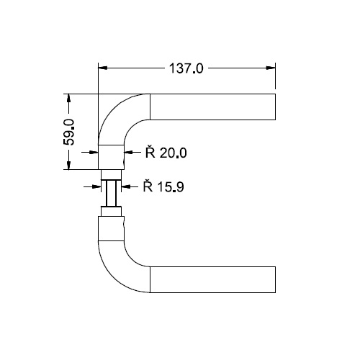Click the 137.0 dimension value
(x=186, y=68)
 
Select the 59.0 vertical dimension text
(x=69, y=132)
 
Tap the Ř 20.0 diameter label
(x=166, y=152)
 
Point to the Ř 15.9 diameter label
(x=163, y=186)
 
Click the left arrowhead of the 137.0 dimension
(x=102, y=68)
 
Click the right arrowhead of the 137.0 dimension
(x=271, y=68)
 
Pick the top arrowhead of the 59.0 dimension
(x=68, y=98)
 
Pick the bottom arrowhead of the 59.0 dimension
(x=68, y=165)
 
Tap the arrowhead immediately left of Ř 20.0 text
(x=128, y=152)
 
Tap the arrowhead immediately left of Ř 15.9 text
(x=126, y=186)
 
